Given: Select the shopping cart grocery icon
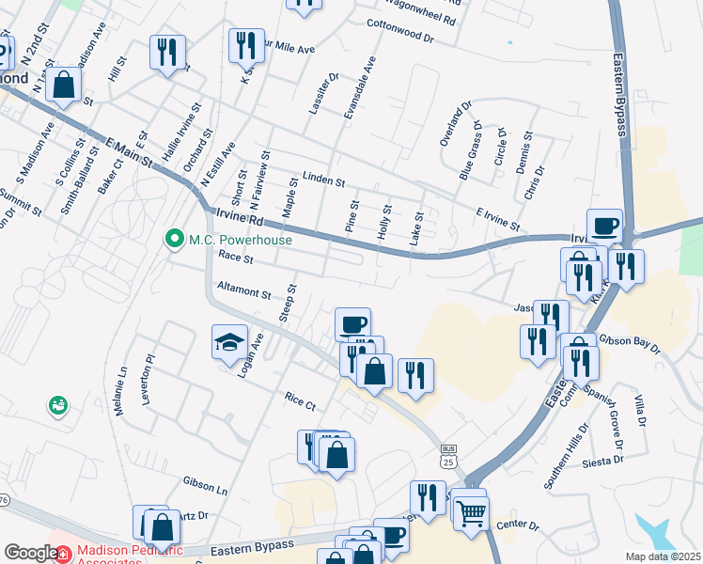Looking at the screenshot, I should [x=470, y=511].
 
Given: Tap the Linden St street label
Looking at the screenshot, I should [x=323, y=181].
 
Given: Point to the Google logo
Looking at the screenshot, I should [x=30, y=553].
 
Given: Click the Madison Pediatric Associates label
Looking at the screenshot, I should [x=117, y=556].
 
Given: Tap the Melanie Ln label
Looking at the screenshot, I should [x=121, y=386].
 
